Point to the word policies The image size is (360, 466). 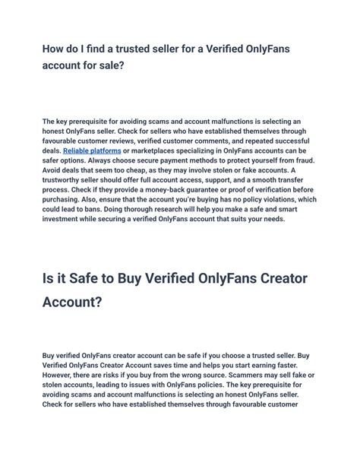242,385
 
